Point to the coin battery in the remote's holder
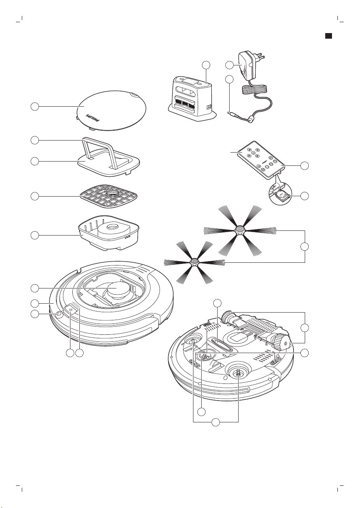coord(281,195)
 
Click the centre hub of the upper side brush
coord(237,230)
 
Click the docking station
coord(190,99)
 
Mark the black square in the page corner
coord(328,35)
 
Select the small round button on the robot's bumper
coord(58,315)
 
